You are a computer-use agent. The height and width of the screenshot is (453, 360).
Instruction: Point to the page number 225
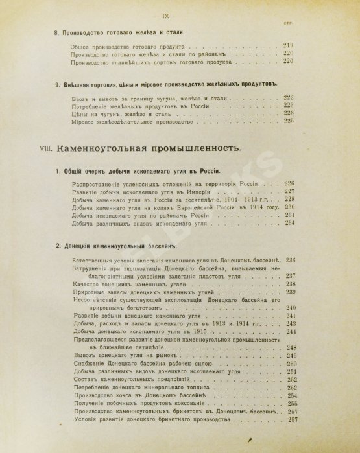pyautogui.click(x=289, y=121)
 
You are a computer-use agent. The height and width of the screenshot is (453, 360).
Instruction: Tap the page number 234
pyautogui.click(x=289, y=223)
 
